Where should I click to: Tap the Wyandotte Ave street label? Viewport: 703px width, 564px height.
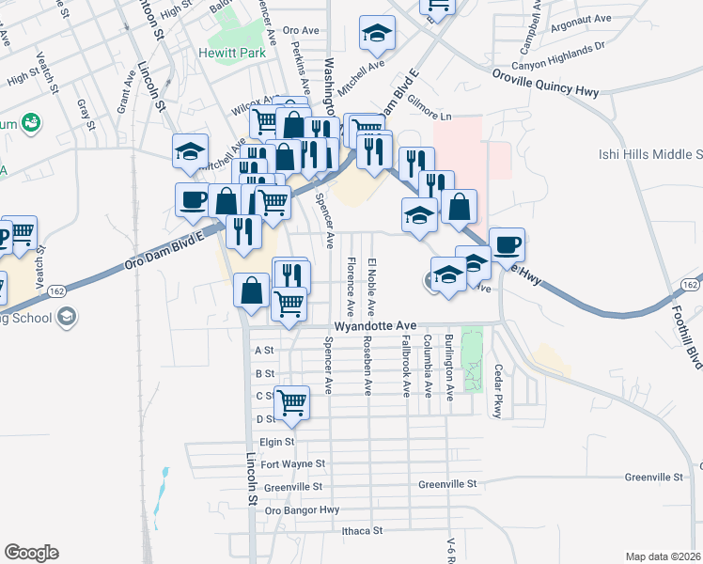tap(375, 326)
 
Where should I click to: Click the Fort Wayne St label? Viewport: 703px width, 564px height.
tap(292, 463)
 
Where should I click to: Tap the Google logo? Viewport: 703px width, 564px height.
tap(31, 553)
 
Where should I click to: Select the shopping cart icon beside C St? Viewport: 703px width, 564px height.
tap(292, 401)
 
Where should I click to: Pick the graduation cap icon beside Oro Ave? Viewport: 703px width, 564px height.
tap(377, 33)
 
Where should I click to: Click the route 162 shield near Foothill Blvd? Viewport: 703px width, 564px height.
tap(690, 285)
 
